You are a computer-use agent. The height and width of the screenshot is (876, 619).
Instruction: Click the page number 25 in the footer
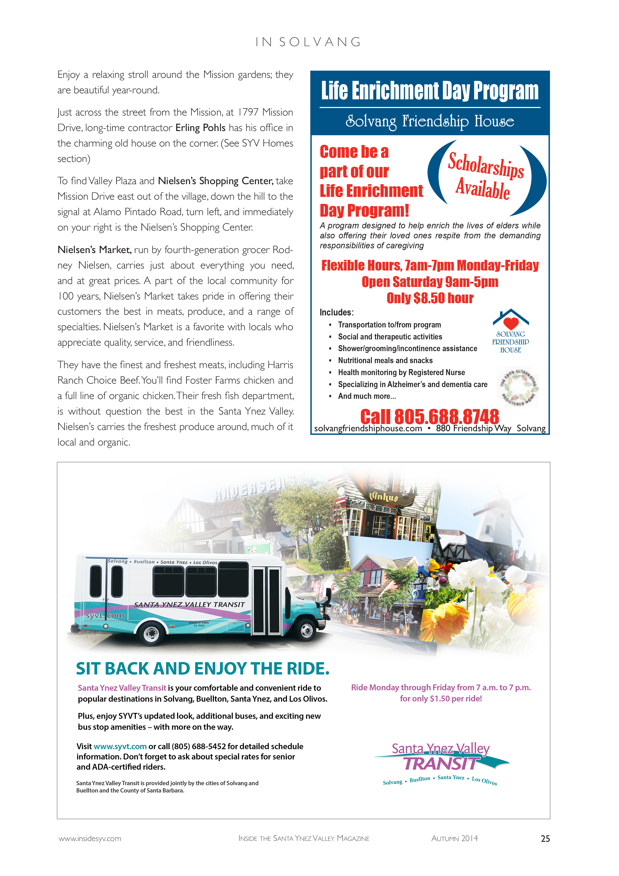tap(545, 838)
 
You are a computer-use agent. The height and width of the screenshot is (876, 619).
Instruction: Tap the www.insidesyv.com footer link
tap(90, 838)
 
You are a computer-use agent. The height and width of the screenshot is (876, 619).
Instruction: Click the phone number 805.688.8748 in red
tap(430, 416)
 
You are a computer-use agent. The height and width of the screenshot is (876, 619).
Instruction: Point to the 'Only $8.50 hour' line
tap(430, 298)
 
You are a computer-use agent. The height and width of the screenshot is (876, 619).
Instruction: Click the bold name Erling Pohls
tap(201, 128)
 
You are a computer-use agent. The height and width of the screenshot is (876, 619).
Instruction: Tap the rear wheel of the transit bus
tap(151, 634)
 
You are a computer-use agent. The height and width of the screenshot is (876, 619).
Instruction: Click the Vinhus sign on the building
tap(384, 497)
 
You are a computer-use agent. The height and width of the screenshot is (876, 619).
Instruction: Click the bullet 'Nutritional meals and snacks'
tap(385, 361)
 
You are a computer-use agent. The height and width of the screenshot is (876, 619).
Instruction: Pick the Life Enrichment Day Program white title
tap(430, 91)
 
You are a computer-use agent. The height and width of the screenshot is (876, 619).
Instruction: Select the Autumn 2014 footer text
tap(454, 838)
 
